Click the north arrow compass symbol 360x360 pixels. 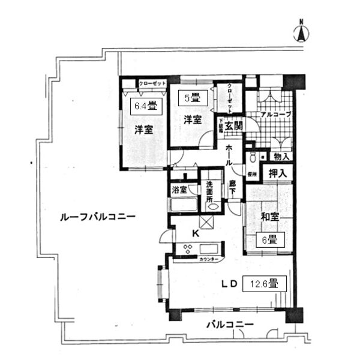[x=302, y=31]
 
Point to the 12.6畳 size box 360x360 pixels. [x=263, y=283]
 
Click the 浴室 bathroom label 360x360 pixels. [x=179, y=190]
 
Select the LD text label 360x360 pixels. [x=231, y=283]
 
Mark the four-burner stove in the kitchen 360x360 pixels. [x=185, y=248]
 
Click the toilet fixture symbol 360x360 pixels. [x=253, y=158]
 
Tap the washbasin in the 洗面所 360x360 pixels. [x=212, y=206]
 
